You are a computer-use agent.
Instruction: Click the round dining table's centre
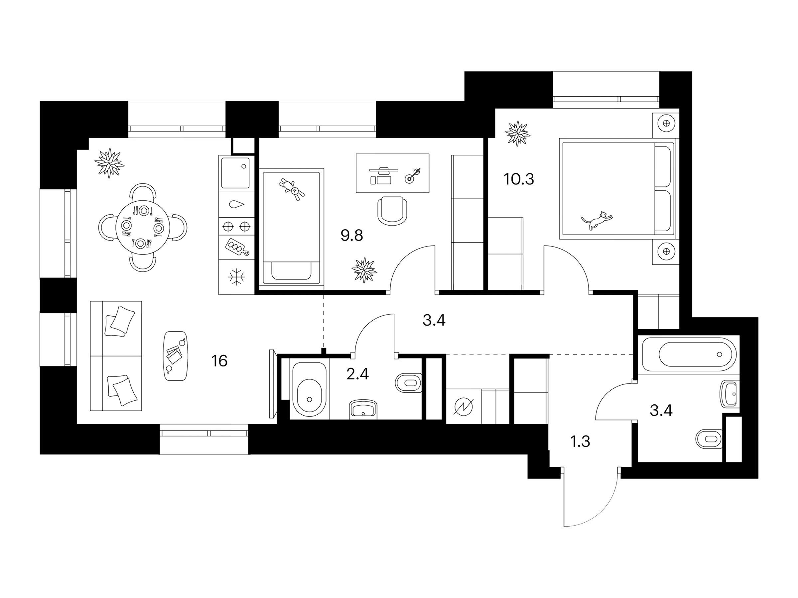143,228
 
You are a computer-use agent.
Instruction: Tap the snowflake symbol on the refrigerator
237,277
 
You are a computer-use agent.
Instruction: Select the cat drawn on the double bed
597,220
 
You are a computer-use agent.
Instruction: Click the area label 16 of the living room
219,361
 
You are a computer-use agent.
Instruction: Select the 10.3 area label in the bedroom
519,179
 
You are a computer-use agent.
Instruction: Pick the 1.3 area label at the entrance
580,441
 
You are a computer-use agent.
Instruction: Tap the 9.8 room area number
352,236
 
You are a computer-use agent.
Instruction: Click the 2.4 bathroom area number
357,374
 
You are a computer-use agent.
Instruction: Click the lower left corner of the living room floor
77,424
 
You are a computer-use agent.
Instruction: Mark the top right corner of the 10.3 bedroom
679,109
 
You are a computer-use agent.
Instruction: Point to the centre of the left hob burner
228,226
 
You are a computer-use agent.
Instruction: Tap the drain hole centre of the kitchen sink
243,166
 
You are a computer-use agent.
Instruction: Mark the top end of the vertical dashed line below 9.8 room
324,296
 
